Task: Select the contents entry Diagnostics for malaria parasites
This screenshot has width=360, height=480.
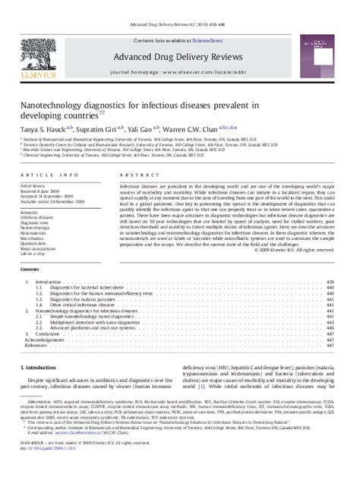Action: (82, 298)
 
